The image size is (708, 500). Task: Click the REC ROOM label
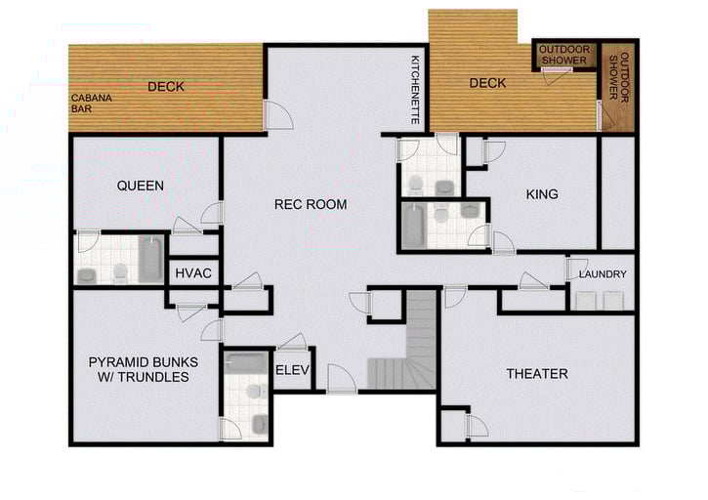(x=311, y=204)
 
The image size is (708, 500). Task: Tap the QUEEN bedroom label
(x=140, y=186)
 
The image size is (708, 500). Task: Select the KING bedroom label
(x=542, y=194)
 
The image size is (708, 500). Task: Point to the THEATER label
(x=536, y=374)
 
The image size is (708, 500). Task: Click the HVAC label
(x=194, y=272)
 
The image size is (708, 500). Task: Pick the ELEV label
(x=292, y=370)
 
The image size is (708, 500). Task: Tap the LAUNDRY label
(x=602, y=274)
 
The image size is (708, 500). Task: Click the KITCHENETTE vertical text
(x=415, y=89)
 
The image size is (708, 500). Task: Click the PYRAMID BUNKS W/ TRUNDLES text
(x=145, y=370)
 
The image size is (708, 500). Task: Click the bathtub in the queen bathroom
(x=151, y=259)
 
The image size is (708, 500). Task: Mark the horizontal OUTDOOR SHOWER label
(x=563, y=55)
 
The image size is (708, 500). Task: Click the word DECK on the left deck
(x=166, y=87)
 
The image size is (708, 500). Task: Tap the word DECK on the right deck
(x=487, y=83)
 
